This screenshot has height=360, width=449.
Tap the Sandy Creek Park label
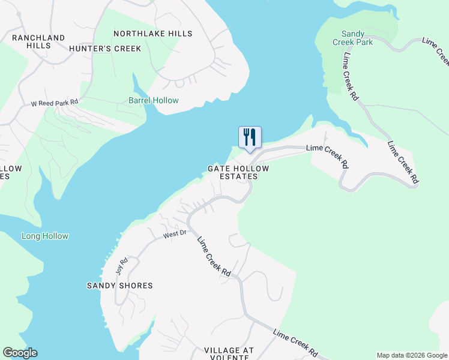click(x=357, y=38)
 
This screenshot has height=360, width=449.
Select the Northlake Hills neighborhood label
click(x=153, y=34)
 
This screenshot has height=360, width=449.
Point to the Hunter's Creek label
click(x=105, y=48)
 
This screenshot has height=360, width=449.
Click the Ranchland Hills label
click(x=38, y=41)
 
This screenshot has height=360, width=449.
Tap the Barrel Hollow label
click(x=153, y=100)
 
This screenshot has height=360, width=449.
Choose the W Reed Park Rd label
click(x=55, y=103)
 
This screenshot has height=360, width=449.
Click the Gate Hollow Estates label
click(x=238, y=173)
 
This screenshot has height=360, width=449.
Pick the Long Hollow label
click(x=45, y=236)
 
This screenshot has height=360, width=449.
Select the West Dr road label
click(x=175, y=234)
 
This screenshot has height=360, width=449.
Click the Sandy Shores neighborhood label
click(x=120, y=286)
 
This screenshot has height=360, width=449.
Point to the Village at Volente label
click(x=229, y=353)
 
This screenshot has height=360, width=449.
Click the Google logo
click(x=20, y=353)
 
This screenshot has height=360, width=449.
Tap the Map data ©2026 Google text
click(x=412, y=355)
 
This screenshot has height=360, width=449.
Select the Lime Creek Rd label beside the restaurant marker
click(x=328, y=155)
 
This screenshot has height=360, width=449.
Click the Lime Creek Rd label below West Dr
click(x=214, y=256)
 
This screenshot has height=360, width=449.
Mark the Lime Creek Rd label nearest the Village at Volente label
click(x=295, y=344)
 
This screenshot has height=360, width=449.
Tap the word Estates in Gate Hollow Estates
click(x=238, y=176)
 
